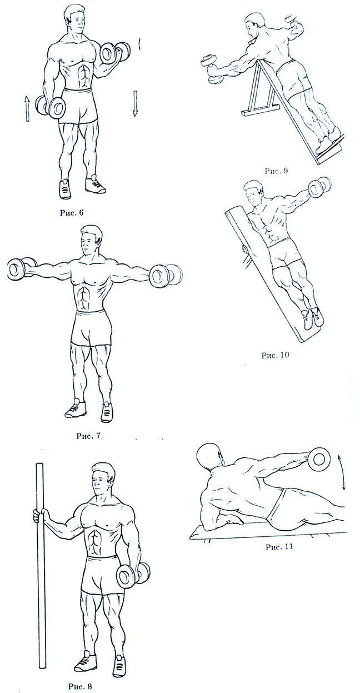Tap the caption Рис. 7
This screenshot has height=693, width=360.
[89, 436]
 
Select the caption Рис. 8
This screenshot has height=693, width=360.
[80, 686]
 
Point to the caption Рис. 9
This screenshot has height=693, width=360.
[276, 171]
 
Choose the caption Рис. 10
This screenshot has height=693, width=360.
[275, 355]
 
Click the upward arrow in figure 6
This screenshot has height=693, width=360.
[27, 108]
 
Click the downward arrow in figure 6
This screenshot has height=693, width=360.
[134, 103]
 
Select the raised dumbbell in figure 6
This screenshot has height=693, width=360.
[116, 52]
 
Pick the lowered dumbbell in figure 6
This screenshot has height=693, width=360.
[51, 106]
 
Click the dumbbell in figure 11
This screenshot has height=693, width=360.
[318, 460]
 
